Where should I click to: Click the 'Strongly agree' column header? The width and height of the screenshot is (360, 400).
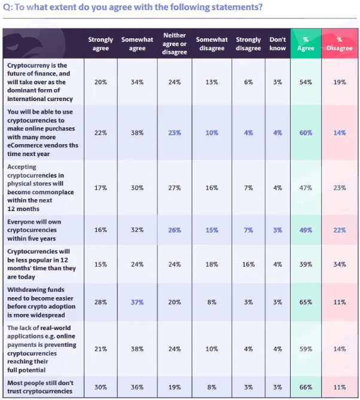(x=100, y=44)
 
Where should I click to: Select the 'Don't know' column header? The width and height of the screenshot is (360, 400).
(x=277, y=44)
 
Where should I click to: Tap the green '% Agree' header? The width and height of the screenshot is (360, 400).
(x=306, y=44)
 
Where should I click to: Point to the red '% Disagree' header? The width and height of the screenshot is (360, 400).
(x=340, y=44)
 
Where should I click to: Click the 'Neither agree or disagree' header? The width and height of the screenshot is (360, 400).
(x=175, y=44)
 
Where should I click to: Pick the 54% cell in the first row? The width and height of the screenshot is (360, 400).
(x=306, y=82)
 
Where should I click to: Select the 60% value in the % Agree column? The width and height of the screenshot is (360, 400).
(x=306, y=133)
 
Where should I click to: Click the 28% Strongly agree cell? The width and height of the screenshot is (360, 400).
(x=100, y=303)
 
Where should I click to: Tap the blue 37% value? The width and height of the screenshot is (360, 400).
(x=138, y=303)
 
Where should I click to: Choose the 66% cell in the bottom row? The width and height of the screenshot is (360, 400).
(x=306, y=387)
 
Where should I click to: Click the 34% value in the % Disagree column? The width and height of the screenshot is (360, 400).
(x=340, y=264)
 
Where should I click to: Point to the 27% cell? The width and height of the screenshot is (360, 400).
(x=175, y=188)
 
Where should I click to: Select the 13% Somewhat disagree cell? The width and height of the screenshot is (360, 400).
(x=212, y=82)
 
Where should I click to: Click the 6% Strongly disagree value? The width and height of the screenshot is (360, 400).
(x=248, y=82)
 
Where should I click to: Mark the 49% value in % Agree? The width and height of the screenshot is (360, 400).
(x=306, y=230)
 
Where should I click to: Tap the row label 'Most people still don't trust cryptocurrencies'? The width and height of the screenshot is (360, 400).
(x=40, y=387)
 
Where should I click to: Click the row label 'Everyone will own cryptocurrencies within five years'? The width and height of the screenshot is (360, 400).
(x=34, y=230)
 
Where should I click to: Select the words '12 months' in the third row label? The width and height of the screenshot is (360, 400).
(x=23, y=209)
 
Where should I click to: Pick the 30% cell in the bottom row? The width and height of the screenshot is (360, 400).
(x=100, y=387)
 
